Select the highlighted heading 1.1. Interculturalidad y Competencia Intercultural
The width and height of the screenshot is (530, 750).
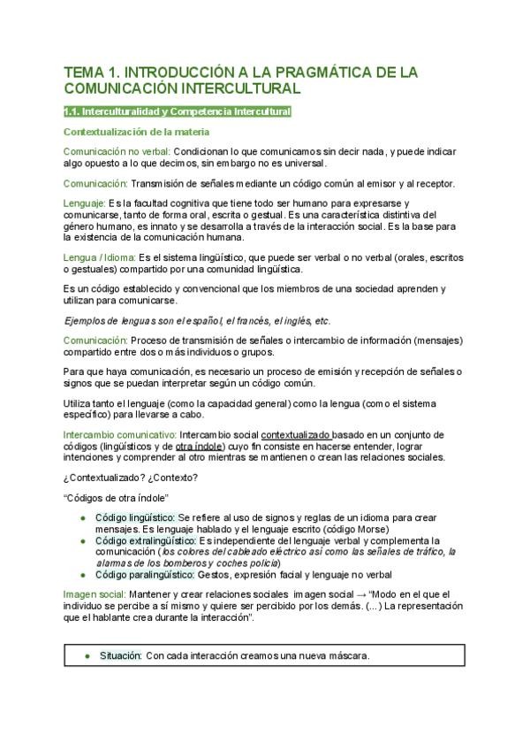tap(178, 112)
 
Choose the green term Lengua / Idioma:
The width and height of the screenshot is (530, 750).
tap(98, 256)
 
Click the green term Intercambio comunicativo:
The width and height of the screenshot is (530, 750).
tap(119, 435)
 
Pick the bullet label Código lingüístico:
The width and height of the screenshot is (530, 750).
tap(135, 517)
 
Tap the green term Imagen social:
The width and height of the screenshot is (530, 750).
tap(94, 593)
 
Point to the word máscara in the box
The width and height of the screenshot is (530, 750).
tap(345, 656)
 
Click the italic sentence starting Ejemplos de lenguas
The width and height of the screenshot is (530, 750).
tap(198, 320)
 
